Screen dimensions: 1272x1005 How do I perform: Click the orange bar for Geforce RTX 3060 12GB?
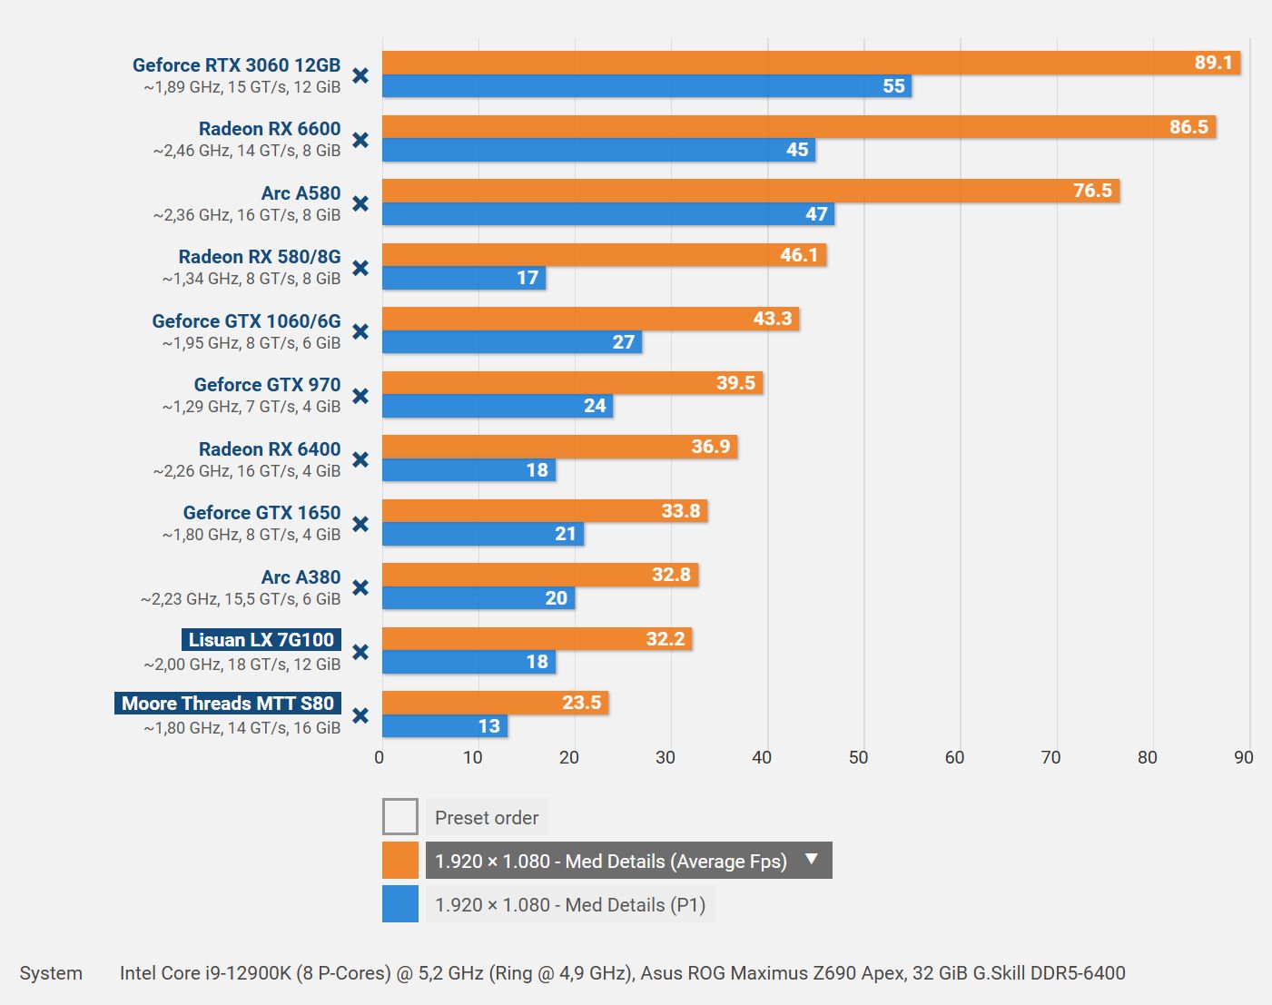click(x=811, y=63)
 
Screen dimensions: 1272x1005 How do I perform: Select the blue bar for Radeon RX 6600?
click(x=598, y=150)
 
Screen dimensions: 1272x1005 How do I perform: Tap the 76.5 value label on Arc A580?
click(x=1092, y=191)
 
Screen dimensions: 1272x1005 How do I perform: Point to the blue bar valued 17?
click(x=464, y=278)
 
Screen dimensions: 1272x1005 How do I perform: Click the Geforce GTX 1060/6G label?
click(x=246, y=321)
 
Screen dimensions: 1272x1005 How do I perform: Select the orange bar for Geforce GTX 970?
click(x=572, y=382)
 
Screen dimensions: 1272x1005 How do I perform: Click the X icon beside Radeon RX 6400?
click(x=360, y=460)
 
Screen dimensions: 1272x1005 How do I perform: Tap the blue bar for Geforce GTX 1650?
click(x=483, y=534)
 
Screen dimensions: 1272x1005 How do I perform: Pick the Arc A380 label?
click(x=301, y=577)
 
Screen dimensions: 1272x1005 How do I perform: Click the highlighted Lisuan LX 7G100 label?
click(x=261, y=640)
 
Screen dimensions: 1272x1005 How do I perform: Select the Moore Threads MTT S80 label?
click(x=228, y=703)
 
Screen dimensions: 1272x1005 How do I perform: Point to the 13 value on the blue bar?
click(x=488, y=726)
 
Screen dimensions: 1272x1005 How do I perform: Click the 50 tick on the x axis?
click(x=858, y=758)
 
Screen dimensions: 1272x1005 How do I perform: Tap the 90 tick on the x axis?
click(x=1244, y=758)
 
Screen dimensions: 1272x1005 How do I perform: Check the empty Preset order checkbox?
click(x=400, y=816)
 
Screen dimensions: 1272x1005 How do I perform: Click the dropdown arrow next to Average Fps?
click(x=812, y=859)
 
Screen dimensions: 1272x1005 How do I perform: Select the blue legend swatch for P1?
click(x=400, y=904)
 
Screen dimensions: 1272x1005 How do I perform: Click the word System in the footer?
click(x=51, y=973)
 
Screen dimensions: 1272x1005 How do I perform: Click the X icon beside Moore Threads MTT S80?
click(x=360, y=716)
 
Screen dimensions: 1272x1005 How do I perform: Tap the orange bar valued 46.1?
click(x=604, y=255)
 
